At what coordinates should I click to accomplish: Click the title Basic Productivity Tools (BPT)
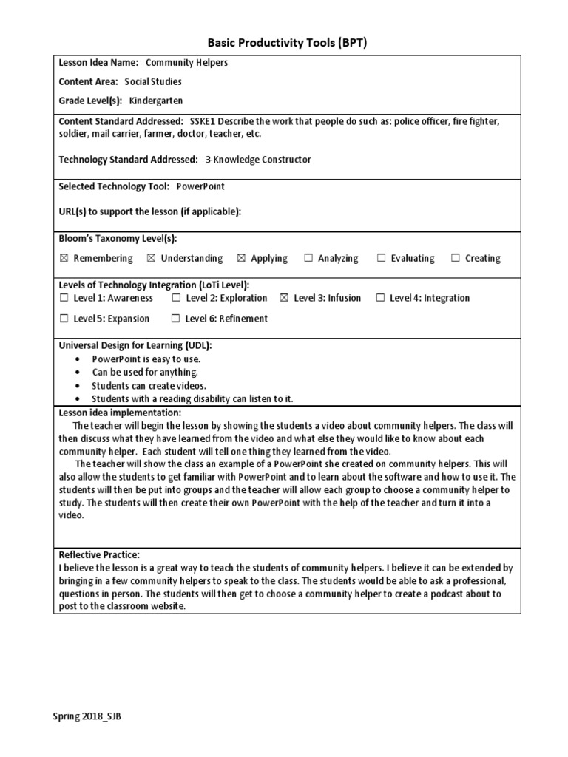coord(284,43)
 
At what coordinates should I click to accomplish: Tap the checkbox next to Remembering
coord(64,258)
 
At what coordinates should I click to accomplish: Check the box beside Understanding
coord(152,258)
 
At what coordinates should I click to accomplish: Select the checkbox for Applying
coord(241,258)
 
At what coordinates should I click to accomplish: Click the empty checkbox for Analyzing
coord(308,258)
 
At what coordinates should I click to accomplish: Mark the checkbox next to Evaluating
coord(382,258)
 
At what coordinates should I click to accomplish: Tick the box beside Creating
coord(456,258)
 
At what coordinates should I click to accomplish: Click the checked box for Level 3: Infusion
coord(284,298)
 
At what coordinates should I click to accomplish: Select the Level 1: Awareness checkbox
coord(64,298)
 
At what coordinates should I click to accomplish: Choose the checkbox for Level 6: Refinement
coord(175,319)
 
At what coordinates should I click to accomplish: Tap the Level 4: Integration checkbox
coord(380,298)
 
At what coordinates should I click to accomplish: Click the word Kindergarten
coord(156,100)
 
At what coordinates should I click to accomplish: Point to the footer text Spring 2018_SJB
coord(84,717)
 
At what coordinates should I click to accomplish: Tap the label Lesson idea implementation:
coord(119,413)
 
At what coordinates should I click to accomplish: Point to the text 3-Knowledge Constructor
coord(258,159)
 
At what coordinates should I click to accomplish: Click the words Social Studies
coord(152,81)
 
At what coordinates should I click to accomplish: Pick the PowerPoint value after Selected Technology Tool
coord(200,187)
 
